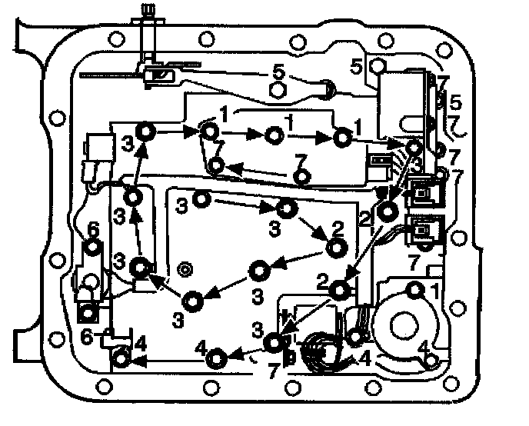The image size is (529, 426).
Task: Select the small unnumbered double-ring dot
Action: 184,268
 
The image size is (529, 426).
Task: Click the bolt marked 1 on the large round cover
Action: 415,291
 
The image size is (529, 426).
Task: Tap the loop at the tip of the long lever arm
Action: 327,91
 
